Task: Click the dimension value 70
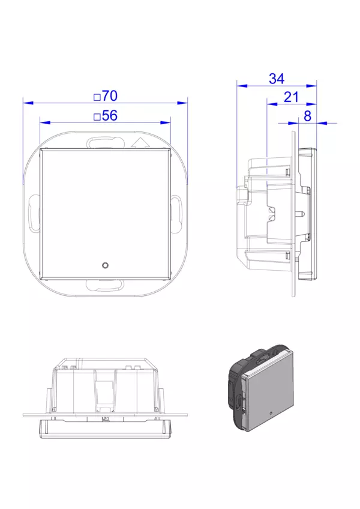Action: tap(110, 96)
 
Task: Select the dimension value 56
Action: tap(110, 116)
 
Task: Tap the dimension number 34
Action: tap(277, 79)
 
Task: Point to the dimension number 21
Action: tap(291, 97)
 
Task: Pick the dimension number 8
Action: tap(307, 116)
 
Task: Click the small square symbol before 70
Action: tap(97, 97)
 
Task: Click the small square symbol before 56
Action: tap(97, 117)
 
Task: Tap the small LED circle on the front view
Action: tap(105, 265)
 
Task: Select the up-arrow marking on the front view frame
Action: tap(140, 142)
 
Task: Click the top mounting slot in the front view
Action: tap(105, 143)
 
